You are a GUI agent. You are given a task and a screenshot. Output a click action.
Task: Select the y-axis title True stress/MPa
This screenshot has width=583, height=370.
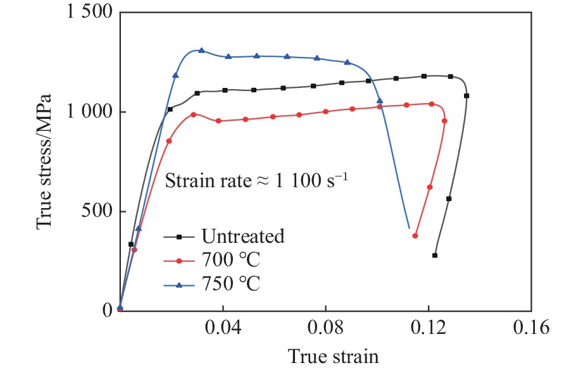pos(43,162)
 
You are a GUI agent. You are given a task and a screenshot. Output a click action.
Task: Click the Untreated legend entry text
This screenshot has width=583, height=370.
pos(243,237)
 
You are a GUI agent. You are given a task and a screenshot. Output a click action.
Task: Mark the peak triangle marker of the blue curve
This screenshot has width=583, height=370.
pos(201,51)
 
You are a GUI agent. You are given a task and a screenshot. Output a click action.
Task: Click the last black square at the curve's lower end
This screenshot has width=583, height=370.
pos(435,256)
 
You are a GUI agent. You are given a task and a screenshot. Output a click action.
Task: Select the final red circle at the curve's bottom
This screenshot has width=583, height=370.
pos(415,236)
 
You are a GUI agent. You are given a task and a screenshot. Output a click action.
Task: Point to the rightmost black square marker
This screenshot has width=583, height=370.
pos(467,96)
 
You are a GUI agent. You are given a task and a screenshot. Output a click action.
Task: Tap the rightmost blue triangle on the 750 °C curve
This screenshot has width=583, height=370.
pos(380,101)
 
